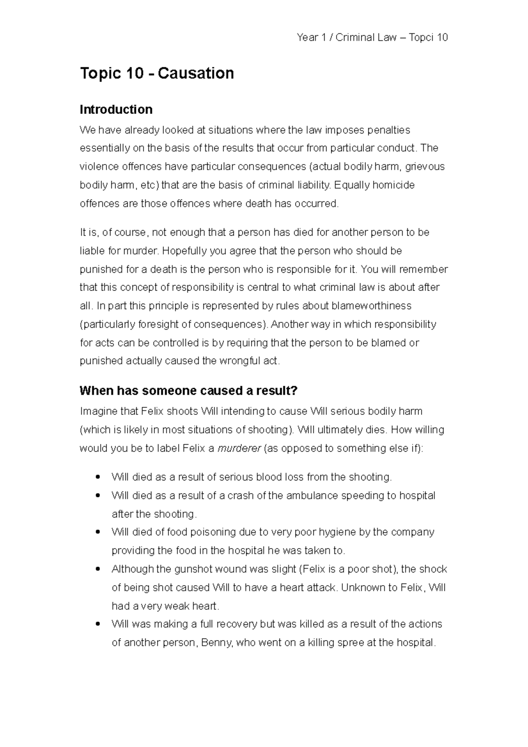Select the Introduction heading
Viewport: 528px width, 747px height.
click(x=116, y=109)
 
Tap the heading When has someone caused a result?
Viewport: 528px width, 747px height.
click(x=189, y=390)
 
